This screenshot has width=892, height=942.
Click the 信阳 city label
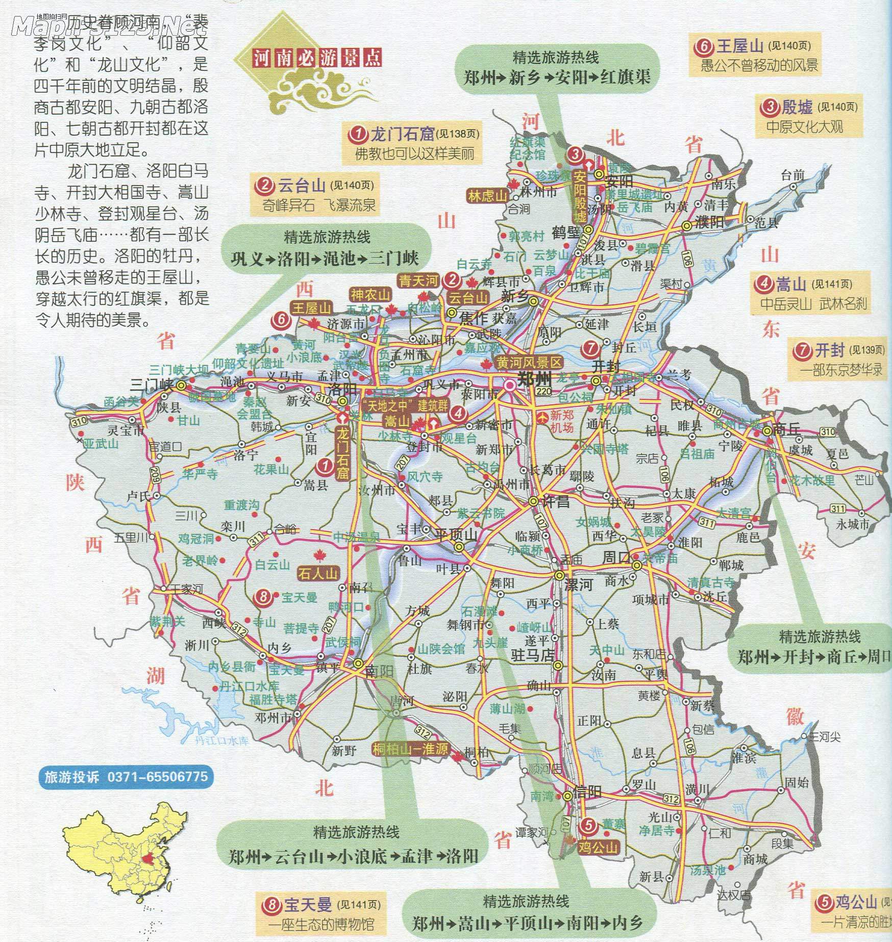[x=588, y=793]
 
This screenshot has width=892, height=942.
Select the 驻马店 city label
[x=533, y=655]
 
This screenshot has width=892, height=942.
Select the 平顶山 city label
[x=455, y=534]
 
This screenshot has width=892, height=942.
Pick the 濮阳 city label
[x=709, y=222]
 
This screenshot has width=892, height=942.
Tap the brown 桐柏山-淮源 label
[x=410, y=749]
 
